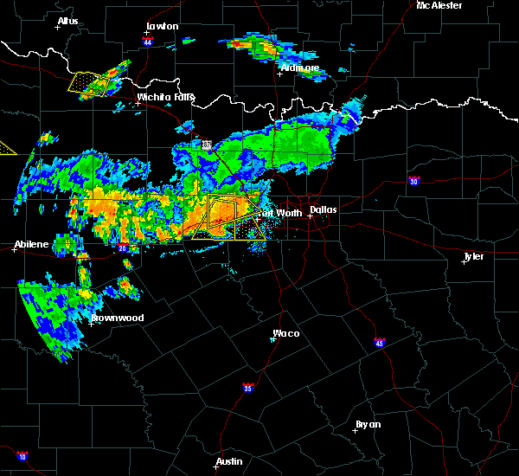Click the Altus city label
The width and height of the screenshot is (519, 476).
(x=67, y=21)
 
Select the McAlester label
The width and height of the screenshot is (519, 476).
(x=439, y=5)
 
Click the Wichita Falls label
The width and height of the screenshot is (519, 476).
(x=165, y=97)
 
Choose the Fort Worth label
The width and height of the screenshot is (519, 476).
(x=279, y=212)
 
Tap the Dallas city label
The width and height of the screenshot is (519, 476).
(x=324, y=209)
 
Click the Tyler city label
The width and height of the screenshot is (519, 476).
(x=473, y=257)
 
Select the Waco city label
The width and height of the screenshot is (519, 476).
(x=286, y=333)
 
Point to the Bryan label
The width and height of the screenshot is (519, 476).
(x=368, y=424)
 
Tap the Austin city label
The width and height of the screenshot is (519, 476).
(x=228, y=461)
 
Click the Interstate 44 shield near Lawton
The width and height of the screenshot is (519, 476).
(x=148, y=42)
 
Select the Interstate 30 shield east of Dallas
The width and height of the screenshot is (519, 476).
(x=414, y=181)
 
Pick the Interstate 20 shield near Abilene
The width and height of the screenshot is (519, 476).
(x=122, y=248)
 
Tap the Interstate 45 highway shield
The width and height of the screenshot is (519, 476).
(x=380, y=343)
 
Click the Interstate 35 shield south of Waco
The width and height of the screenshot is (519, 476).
(x=248, y=386)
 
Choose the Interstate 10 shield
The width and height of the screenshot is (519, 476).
(x=22, y=456)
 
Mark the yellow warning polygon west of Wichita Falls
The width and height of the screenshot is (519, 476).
(x=89, y=83)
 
